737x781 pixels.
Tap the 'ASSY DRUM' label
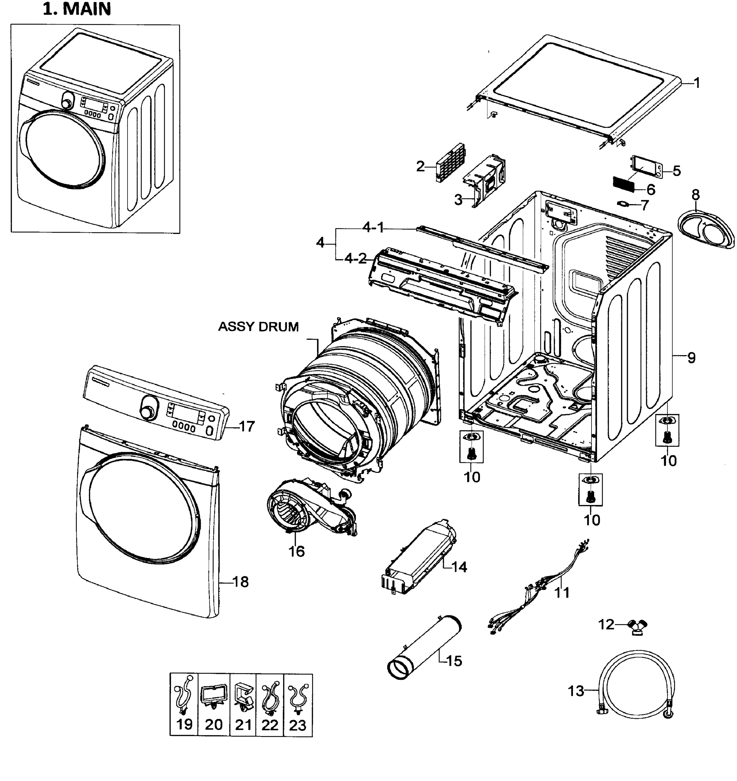[x=258, y=327]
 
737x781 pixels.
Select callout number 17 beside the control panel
[x=247, y=426]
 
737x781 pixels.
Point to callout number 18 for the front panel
[x=240, y=582]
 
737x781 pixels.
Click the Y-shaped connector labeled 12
[x=637, y=625]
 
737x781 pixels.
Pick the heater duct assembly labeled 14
[x=418, y=557]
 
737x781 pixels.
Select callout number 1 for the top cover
[x=697, y=83]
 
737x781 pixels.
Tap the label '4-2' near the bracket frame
[x=356, y=258]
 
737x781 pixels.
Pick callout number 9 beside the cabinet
[x=691, y=358]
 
